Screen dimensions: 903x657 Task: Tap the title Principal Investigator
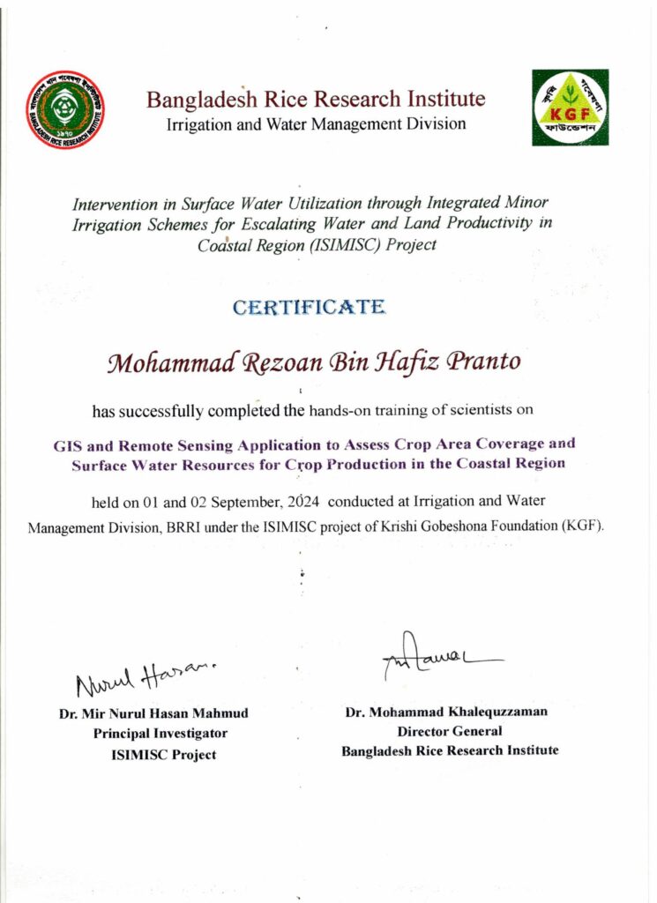[161, 733]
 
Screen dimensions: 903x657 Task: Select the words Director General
[450, 731]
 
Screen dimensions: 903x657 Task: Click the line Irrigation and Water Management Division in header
[316, 124]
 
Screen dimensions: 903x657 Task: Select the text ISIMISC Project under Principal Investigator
[163, 754]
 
